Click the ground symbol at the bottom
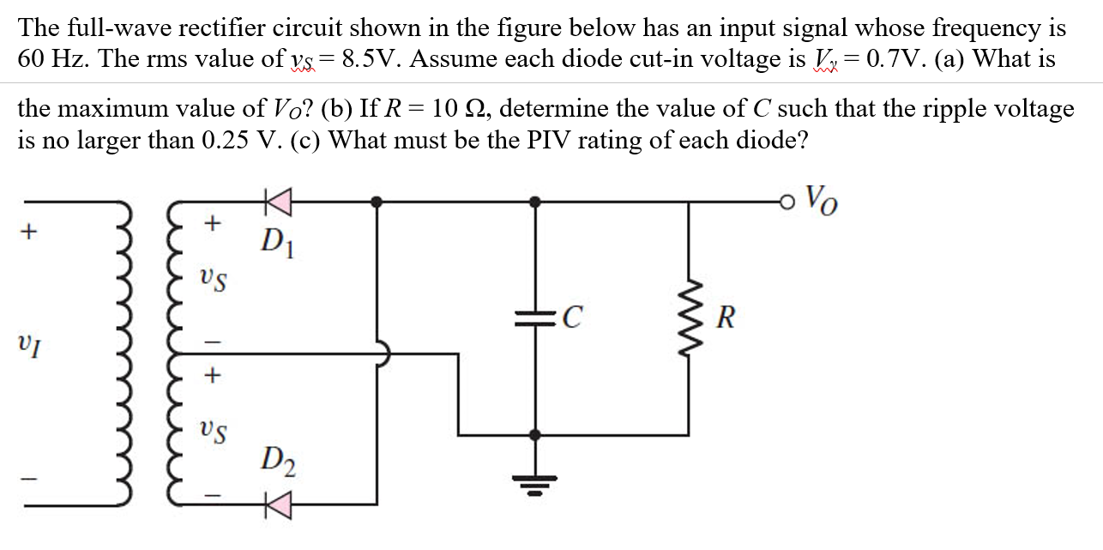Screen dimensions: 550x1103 535,488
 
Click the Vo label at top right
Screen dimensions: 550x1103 820,203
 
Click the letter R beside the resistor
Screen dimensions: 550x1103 725,320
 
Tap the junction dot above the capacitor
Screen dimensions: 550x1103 535,202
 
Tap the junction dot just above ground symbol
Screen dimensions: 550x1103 535,435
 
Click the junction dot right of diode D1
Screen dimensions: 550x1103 377,202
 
